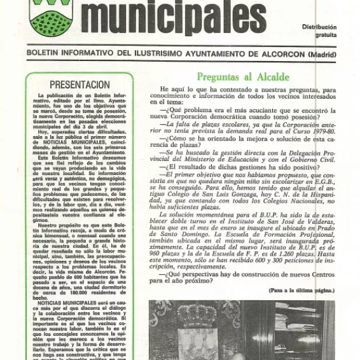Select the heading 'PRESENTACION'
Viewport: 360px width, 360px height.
80,85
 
